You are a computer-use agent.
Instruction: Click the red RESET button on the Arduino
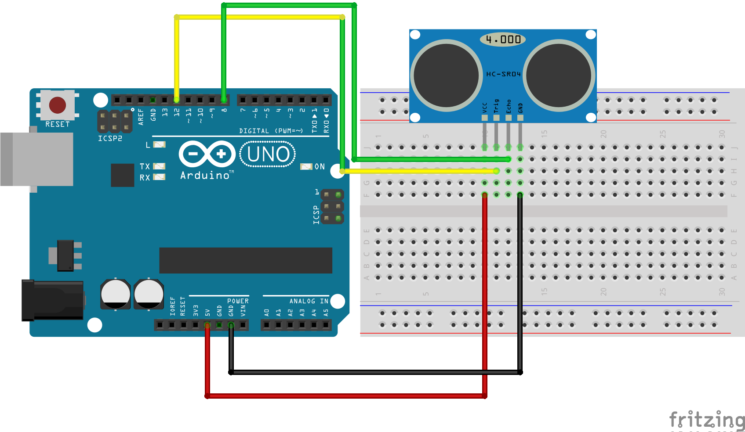[x=58, y=105]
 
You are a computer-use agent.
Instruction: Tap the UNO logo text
[x=268, y=154]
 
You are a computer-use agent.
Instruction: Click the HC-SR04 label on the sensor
[x=503, y=74]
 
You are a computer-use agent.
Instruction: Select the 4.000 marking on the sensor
[x=503, y=40]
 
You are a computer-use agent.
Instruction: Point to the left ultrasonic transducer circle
[x=446, y=75]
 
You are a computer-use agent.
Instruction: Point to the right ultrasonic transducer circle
[x=559, y=75]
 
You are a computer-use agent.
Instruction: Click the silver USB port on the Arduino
[x=37, y=159]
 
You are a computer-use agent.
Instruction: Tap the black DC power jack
[x=53, y=300]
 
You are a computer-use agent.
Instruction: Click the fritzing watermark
[x=706, y=420]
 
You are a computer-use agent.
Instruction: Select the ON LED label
[x=320, y=167]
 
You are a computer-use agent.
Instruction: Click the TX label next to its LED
[x=145, y=166]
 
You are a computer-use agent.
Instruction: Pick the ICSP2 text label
[x=110, y=138]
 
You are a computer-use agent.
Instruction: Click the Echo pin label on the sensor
[x=509, y=106]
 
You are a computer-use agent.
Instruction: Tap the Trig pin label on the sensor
[x=497, y=106]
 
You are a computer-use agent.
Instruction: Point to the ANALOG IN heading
[x=309, y=301]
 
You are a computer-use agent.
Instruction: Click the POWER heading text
[x=238, y=301]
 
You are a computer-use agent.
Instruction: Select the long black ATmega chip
[x=245, y=260]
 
